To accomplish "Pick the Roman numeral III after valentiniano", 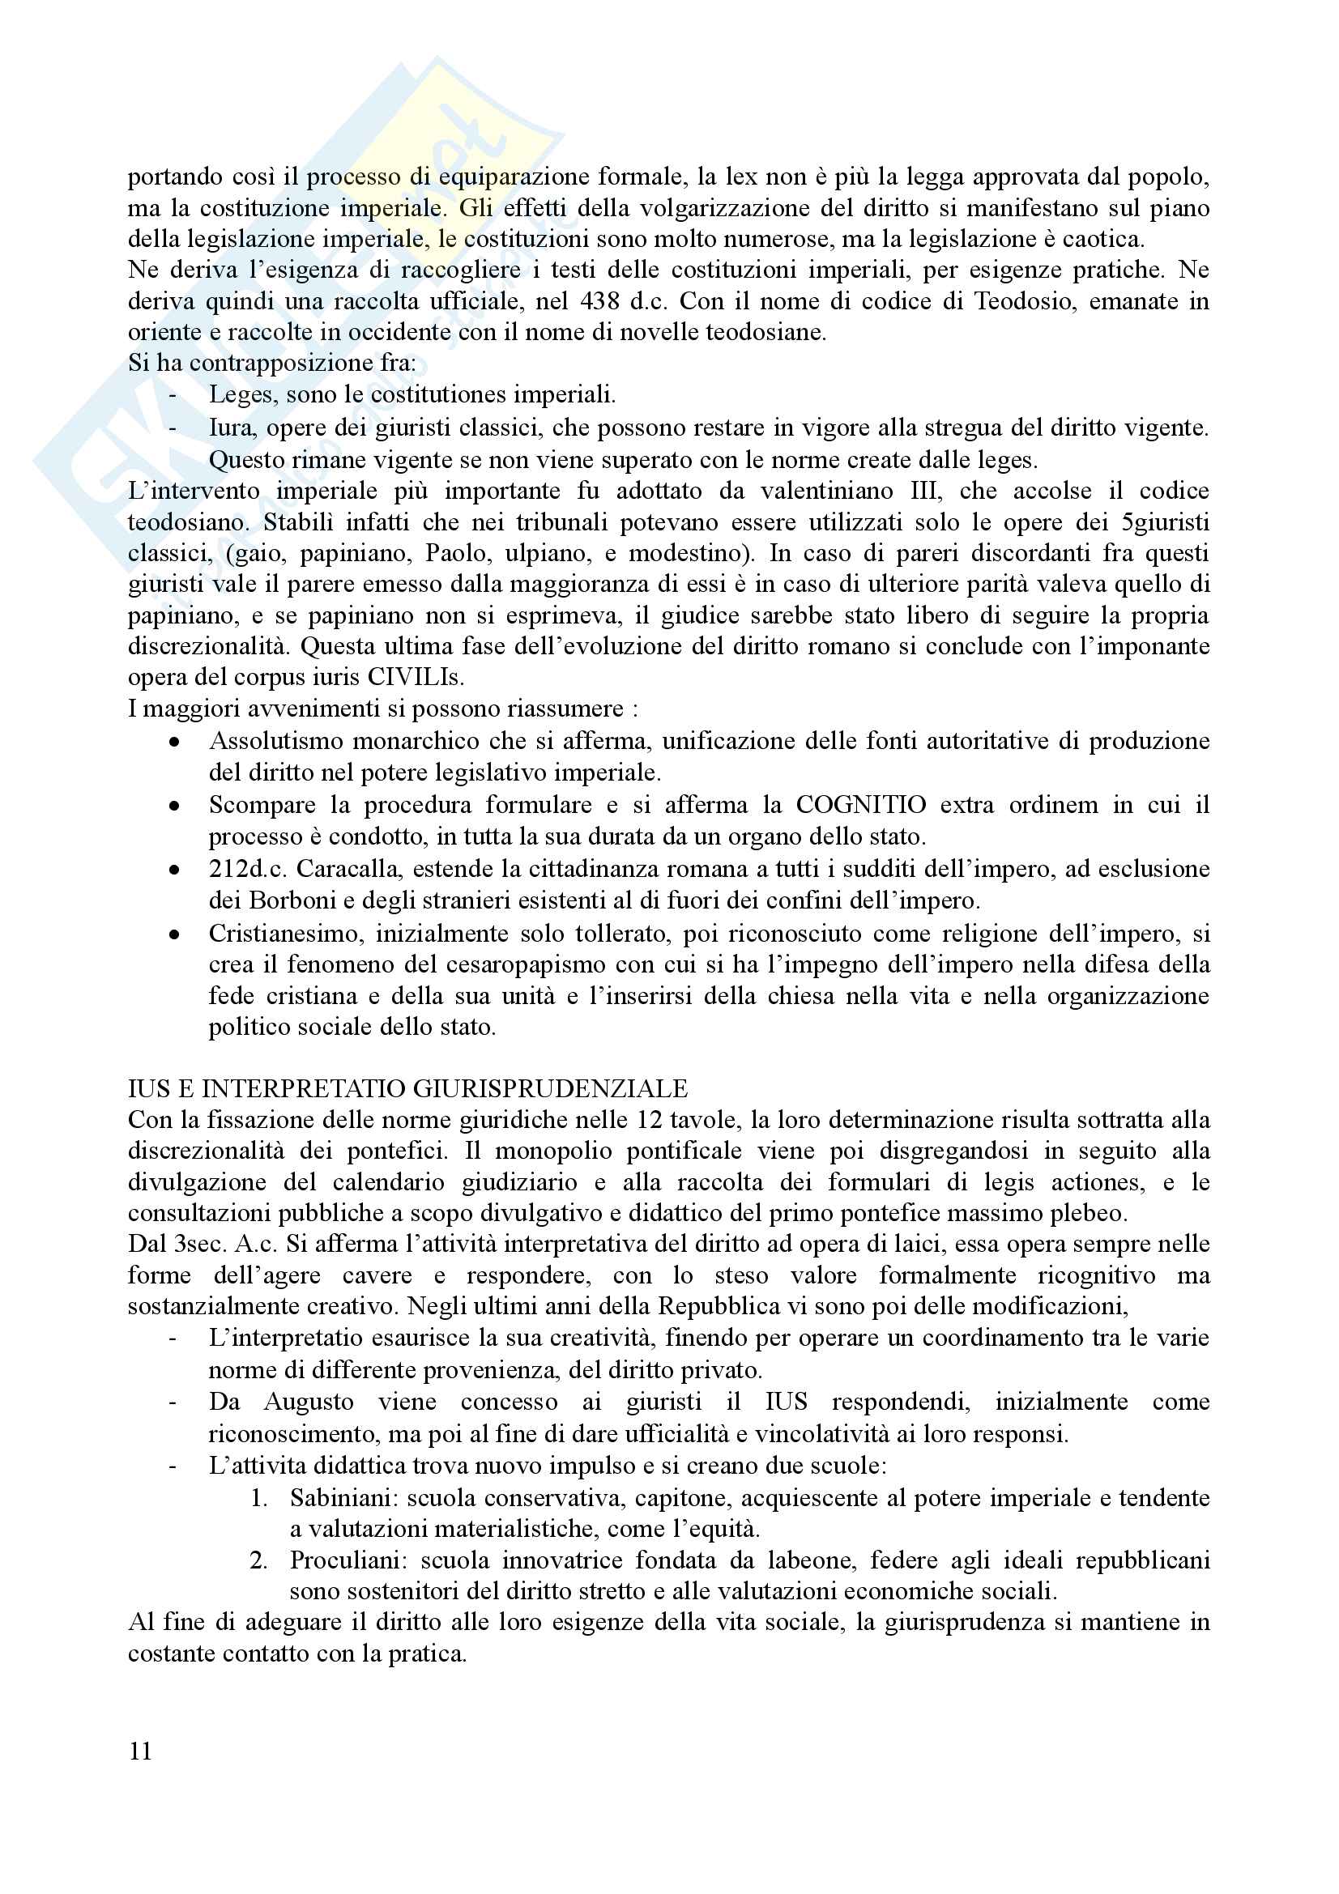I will [924, 491].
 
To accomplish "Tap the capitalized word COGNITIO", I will [860, 804].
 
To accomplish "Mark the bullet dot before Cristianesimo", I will [174, 934].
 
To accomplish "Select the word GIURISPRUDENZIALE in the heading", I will [550, 1089].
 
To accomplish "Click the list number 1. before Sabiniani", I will [258, 1497].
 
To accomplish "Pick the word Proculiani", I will [348, 1560].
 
